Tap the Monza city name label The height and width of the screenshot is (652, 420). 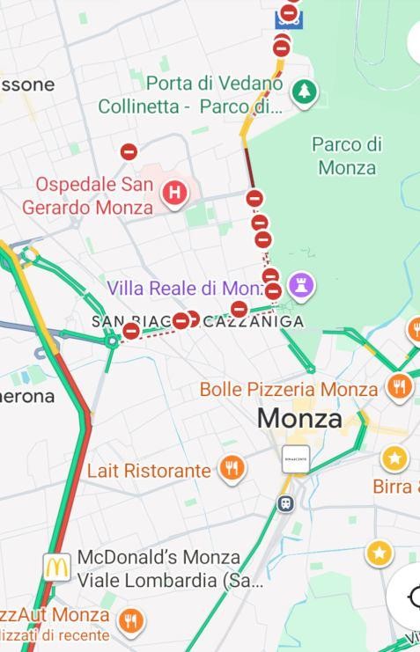pyautogui.click(x=299, y=419)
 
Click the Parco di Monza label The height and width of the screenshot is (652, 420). pyautogui.click(x=347, y=156)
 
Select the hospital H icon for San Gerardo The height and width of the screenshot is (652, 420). pyautogui.click(x=174, y=193)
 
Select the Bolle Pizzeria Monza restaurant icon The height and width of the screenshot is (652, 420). pyautogui.click(x=400, y=386)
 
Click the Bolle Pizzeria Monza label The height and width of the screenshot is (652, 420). pyautogui.click(x=289, y=389)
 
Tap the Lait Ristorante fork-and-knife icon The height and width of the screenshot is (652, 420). pyautogui.click(x=231, y=469)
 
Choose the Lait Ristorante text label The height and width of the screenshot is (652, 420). pyautogui.click(x=149, y=471)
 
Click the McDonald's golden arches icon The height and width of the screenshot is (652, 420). pyautogui.click(x=57, y=568)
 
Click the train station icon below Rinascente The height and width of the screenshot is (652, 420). pyautogui.click(x=285, y=503)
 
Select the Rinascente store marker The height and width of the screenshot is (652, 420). pyautogui.click(x=296, y=459)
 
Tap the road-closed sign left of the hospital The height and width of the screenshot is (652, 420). pyautogui.click(x=129, y=151)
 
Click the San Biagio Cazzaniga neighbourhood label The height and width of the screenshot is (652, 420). pyautogui.click(x=197, y=321)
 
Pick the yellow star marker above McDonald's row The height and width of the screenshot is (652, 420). pyautogui.click(x=379, y=553)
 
